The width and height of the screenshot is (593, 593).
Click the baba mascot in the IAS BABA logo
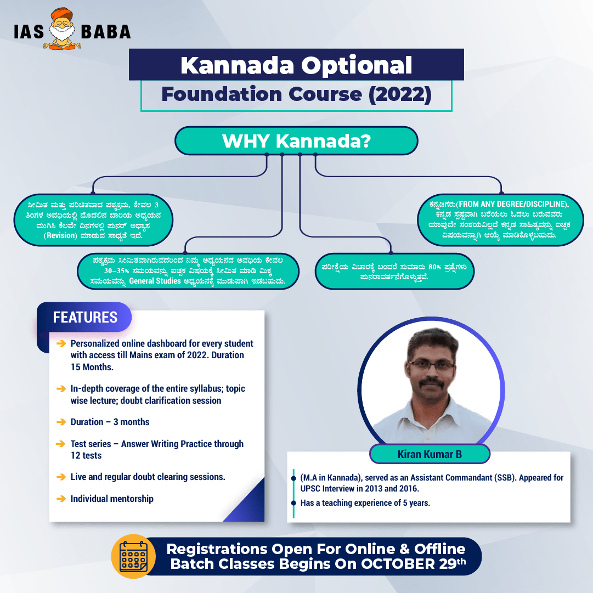point(63,29)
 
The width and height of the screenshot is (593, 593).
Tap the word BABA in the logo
point(106,32)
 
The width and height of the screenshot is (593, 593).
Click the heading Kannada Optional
point(296,65)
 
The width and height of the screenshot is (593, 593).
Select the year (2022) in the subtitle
point(400,94)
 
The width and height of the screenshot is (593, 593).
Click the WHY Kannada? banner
point(296,140)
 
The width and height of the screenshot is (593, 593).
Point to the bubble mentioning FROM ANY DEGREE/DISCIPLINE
point(500,220)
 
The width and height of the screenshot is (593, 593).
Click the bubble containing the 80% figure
point(394,272)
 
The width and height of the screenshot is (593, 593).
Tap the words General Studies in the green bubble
point(155,281)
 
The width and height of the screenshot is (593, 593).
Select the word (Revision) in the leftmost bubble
point(60,236)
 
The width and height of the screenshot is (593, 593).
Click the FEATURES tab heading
point(85,317)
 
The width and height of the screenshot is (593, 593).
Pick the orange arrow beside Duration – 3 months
point(61,422)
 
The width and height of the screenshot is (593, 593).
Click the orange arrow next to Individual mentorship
point(61,499)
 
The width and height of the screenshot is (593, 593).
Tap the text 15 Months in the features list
point(92,367)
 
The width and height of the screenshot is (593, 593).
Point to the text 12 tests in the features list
point(86,455)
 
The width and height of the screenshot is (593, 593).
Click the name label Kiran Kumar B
point(430,454)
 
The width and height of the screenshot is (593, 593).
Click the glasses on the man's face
point(431,365)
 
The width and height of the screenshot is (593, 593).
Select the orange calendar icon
point(133,556)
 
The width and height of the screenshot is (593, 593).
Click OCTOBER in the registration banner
point(398,564)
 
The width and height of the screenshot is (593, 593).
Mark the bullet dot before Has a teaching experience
point(293,503)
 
